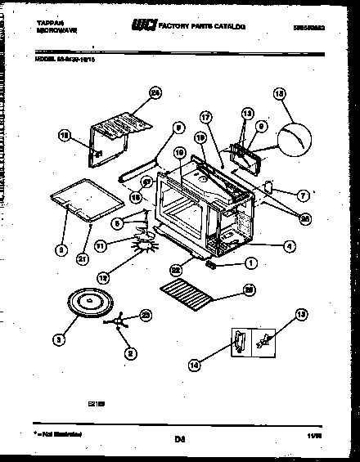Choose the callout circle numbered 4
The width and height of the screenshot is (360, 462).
[x=289, y=244]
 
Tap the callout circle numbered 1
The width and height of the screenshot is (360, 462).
[x=250, y=263]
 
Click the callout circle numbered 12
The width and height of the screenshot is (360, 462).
[x=102, y=277]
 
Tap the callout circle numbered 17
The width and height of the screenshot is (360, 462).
[x=205, y=118]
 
